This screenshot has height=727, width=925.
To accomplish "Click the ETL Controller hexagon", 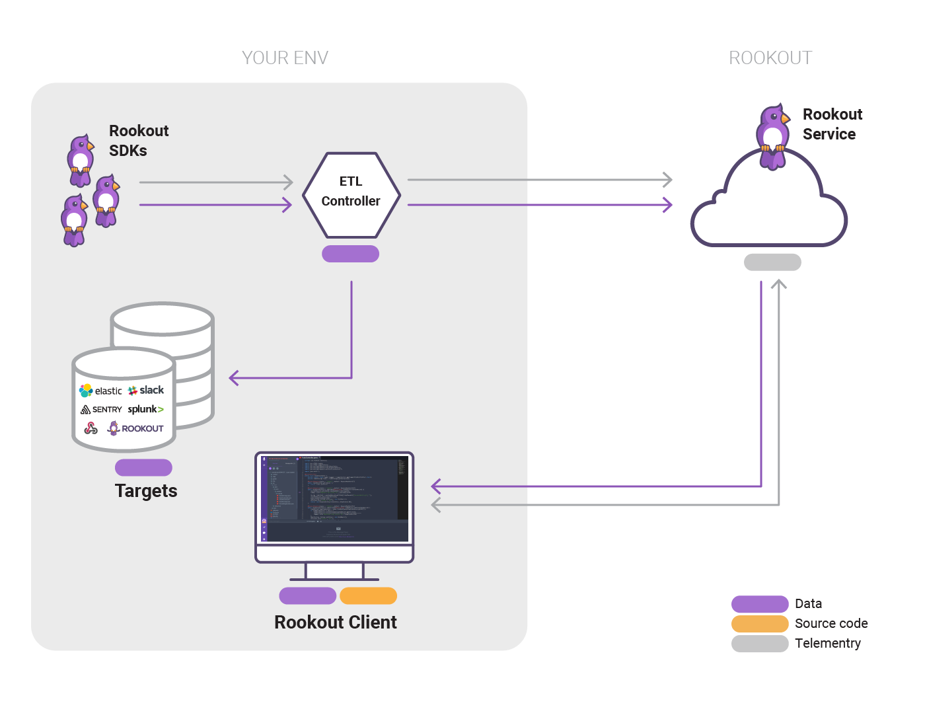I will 351,195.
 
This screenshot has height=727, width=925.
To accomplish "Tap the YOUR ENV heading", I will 285,58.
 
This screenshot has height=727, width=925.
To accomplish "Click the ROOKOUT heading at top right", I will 770,58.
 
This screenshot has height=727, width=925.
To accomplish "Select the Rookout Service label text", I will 832,124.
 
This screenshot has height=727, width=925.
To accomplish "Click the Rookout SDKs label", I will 138,140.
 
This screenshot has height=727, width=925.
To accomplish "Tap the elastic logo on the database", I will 101,391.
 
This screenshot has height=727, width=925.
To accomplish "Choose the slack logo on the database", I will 146,390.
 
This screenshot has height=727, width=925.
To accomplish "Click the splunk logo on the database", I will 145,409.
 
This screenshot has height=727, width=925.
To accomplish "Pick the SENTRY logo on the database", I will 102,410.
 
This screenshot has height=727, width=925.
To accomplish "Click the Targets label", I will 146,490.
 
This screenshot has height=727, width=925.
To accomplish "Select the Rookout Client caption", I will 335,622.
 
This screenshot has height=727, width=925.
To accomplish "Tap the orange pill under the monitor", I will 368,595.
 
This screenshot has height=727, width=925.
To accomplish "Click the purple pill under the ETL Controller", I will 350,254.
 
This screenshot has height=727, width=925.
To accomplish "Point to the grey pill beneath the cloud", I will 772,262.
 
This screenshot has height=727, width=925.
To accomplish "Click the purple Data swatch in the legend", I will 760,604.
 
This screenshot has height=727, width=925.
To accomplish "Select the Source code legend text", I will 831,623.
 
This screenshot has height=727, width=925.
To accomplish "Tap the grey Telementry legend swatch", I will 760,644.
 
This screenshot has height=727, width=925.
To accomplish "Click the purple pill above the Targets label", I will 143,467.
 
